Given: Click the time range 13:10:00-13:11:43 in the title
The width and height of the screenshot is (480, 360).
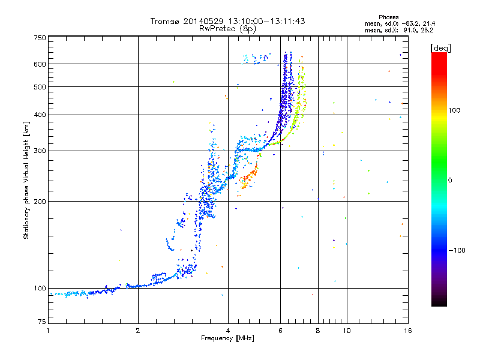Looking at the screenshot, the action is click(x=266, y=21).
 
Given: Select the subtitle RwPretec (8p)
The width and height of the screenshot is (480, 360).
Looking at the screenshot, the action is click(x=227, y=29).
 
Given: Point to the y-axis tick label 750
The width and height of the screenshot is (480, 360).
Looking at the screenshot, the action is click(x=40, y=38).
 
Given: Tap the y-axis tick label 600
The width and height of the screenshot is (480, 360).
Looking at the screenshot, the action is click(x=40, y=64).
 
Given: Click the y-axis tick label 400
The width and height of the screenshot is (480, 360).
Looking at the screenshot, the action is click(x=40, y=115).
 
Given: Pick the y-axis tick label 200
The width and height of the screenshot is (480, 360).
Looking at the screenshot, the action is click(x=40, y=201).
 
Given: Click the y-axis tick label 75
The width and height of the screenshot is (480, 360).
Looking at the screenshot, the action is click(x=42, y=322).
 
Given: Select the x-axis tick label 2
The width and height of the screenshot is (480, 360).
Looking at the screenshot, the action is click(x=138, y=331).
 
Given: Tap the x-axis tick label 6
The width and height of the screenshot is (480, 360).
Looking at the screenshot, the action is click(x=280, y=331).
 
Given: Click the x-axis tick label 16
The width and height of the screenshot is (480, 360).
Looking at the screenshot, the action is click(x=408, y=331).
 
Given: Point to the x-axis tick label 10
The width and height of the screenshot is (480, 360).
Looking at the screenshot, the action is click(x=347, y=331).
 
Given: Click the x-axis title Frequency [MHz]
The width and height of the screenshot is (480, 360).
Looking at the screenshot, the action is click(x=227, y=338).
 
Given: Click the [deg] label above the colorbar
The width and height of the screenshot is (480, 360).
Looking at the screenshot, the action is click(x=440, y=48).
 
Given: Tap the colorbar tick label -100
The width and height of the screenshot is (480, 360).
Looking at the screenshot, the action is click(x=457, y=250).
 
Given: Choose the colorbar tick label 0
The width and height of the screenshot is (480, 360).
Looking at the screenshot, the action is click(x=449, y=181).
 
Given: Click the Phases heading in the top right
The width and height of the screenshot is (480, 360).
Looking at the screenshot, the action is click(x=388, y=17).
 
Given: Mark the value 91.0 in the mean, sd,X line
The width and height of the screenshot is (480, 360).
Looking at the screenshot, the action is click(x=410, y=31).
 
